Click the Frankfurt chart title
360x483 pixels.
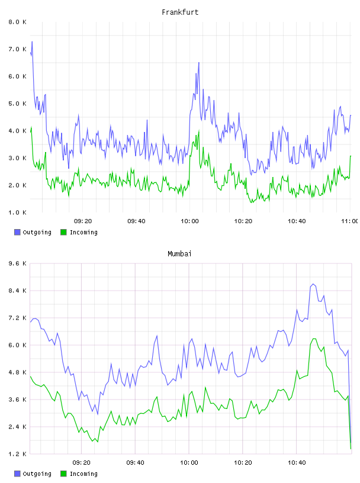tap(180, 12)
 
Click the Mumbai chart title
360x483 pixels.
tap(179, 254)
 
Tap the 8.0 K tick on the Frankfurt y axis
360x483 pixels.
tap(17, 22)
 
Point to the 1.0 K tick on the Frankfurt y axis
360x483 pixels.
tap(17, 212)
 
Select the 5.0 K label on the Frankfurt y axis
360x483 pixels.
tap(17, 104)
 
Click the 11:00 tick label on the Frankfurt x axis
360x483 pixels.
tap(350, 221)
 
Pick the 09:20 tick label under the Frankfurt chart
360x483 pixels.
tap(83, 221)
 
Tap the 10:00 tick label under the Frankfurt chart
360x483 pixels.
tap(189, 221)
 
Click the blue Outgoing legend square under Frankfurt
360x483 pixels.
tap(17, 232)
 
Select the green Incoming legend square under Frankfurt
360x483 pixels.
tap(63, 232)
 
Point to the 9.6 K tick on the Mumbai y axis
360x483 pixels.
tap(17, 263)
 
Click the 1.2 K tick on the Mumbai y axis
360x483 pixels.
tap(17, 454)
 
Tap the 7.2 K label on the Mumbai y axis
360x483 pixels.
tap(17, 318)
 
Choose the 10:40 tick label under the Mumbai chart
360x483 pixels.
tap(297, 463)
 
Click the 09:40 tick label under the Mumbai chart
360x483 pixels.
tap(136, 463)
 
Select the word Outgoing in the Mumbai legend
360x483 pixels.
tap(37, 474)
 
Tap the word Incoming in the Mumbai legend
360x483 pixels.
tap(83, 474)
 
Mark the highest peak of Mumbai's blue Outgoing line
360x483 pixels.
tap(313, 284)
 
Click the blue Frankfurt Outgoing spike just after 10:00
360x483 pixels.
tap(199, 63)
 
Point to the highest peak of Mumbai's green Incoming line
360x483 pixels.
tap(314, 339)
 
